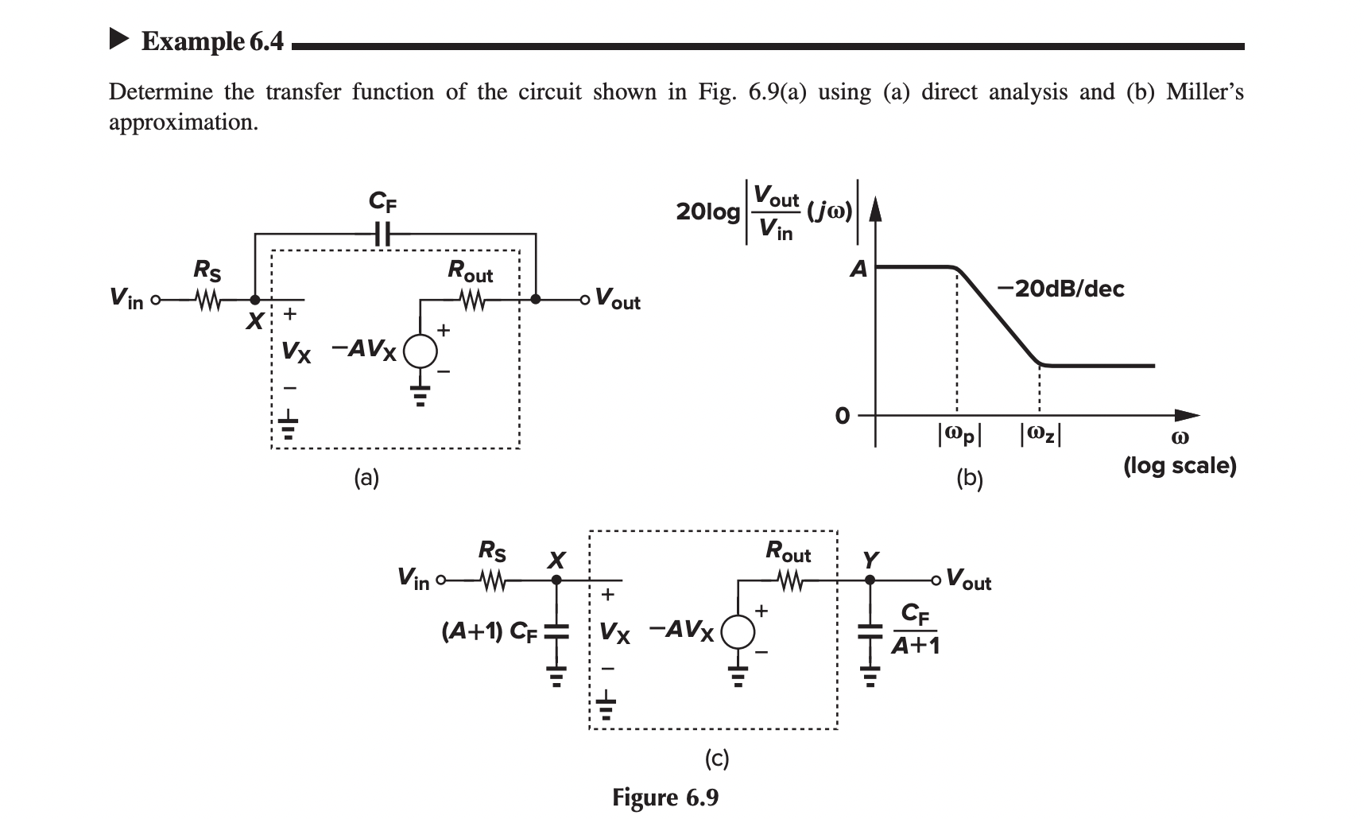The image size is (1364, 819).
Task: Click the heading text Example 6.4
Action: tap(211, 41)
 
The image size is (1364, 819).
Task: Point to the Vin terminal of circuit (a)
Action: tap(155, 300)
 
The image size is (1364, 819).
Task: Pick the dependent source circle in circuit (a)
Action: tap(421, 350)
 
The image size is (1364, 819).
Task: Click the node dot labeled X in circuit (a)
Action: tap(254, 300)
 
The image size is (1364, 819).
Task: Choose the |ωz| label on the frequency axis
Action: tap(1040, 434)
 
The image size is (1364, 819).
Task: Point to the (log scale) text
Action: tap(1180, 465)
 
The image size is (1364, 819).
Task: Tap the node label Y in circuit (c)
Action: tap(871, 560)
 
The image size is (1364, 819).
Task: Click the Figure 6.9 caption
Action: tap(665, 797)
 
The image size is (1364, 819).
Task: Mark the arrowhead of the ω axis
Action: tap(1187, 415)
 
